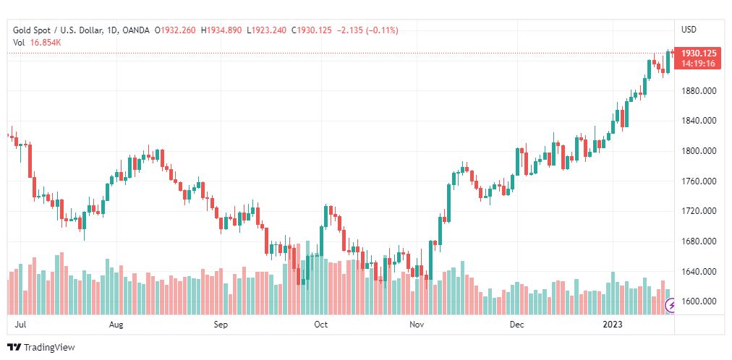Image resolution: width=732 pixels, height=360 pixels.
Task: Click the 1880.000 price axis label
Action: coord(699,90)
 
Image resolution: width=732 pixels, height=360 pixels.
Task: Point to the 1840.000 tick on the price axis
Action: coord(699,121)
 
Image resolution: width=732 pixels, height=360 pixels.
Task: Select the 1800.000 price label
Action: coord(699,151)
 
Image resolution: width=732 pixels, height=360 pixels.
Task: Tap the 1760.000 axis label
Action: coord(699,181)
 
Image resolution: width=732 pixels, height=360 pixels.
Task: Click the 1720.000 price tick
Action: coord(699,211)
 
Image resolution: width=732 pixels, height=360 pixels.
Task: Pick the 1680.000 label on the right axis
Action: coord(699,241)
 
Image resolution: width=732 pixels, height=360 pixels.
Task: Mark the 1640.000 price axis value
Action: coord(699,272)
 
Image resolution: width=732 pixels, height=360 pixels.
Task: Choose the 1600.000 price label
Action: coord(699,301)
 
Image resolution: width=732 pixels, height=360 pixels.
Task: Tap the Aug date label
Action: coord(116,325)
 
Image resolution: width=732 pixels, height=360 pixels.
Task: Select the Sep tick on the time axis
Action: coord(221,325)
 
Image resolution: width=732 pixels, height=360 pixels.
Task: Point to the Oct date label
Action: coord(321,325)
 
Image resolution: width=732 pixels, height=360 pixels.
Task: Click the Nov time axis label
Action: coord(417,325)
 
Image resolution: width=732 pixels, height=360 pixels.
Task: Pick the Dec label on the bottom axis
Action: coord(516,325)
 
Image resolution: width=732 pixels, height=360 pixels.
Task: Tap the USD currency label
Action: coord(689,30)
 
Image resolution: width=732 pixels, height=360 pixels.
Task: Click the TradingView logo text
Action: coord(49,348)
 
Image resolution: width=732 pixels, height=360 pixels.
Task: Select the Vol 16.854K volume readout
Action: coord(37,42)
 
